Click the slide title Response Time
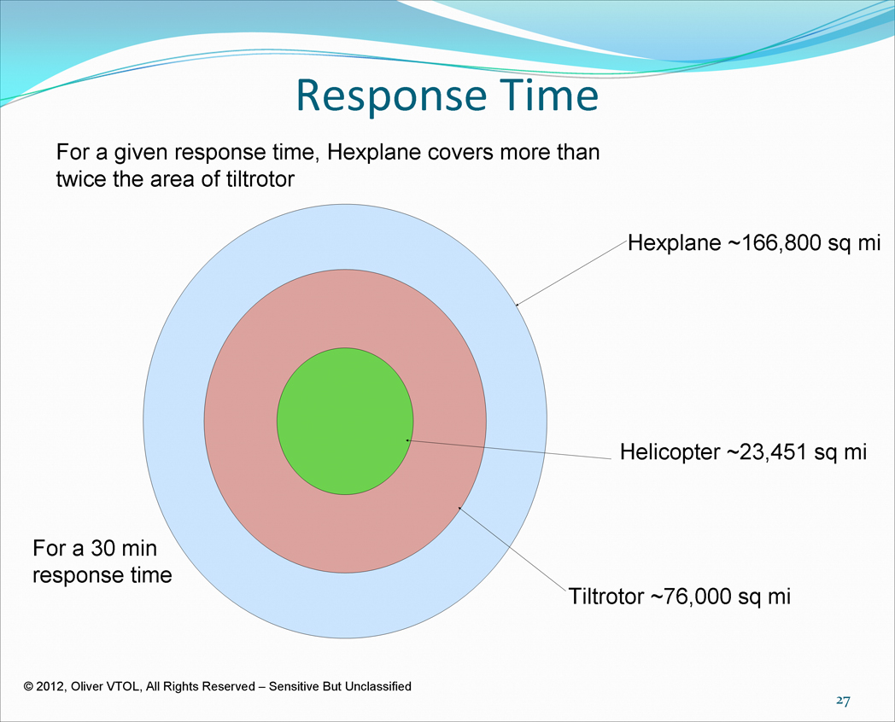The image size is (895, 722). [447, 96]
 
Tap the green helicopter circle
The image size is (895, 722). [345, 421]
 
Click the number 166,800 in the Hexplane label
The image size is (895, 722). [781, 243]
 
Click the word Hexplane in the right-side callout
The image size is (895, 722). [675, 243]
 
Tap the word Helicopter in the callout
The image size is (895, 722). [670, 452]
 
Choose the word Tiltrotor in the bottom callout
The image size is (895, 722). [606, 597]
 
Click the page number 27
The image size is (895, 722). [843, 701]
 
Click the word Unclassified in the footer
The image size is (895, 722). [377, 687]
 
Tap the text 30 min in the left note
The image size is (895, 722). [124, 548]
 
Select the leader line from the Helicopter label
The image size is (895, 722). [508, 450]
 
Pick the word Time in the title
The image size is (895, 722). [550, 96]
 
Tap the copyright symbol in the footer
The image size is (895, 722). [28, 687]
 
